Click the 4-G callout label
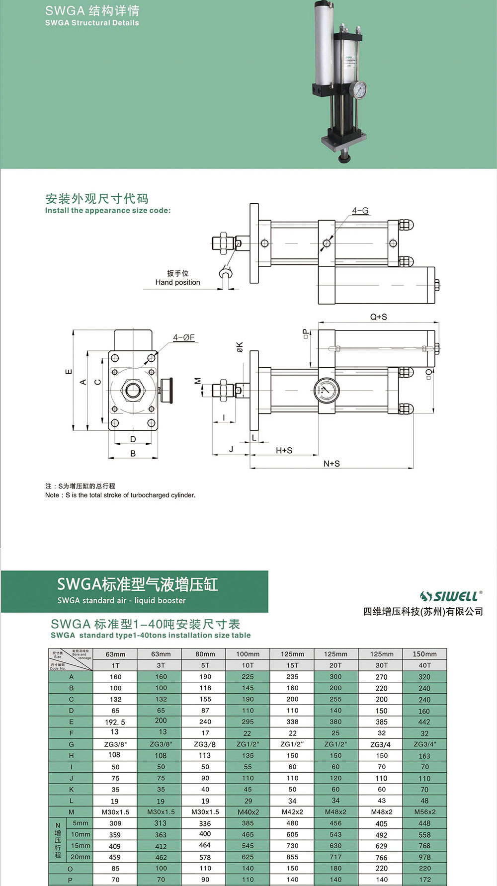360,211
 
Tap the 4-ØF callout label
184,337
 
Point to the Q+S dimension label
379,317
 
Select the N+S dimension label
331,463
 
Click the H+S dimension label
284,450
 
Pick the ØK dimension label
240,347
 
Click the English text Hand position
177,282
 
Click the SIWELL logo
451,596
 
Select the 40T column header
424,665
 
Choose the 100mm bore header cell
248,654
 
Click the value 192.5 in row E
115,722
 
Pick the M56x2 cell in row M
424,812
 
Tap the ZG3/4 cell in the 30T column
381,744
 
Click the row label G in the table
71,744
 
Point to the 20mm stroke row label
81,857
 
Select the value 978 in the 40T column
424,857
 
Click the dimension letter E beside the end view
69,372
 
